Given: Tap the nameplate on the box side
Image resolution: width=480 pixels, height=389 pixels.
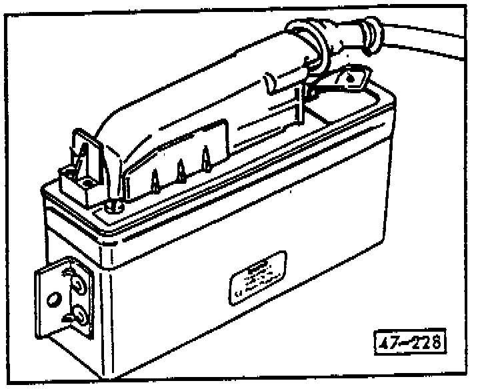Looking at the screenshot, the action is pos(257,280).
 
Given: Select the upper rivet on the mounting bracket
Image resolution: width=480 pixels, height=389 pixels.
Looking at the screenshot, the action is pos(77,285).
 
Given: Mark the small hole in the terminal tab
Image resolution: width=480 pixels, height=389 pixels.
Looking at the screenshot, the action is pos(354,81).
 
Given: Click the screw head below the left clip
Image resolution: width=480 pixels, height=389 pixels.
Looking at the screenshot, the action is pos(111,204).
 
